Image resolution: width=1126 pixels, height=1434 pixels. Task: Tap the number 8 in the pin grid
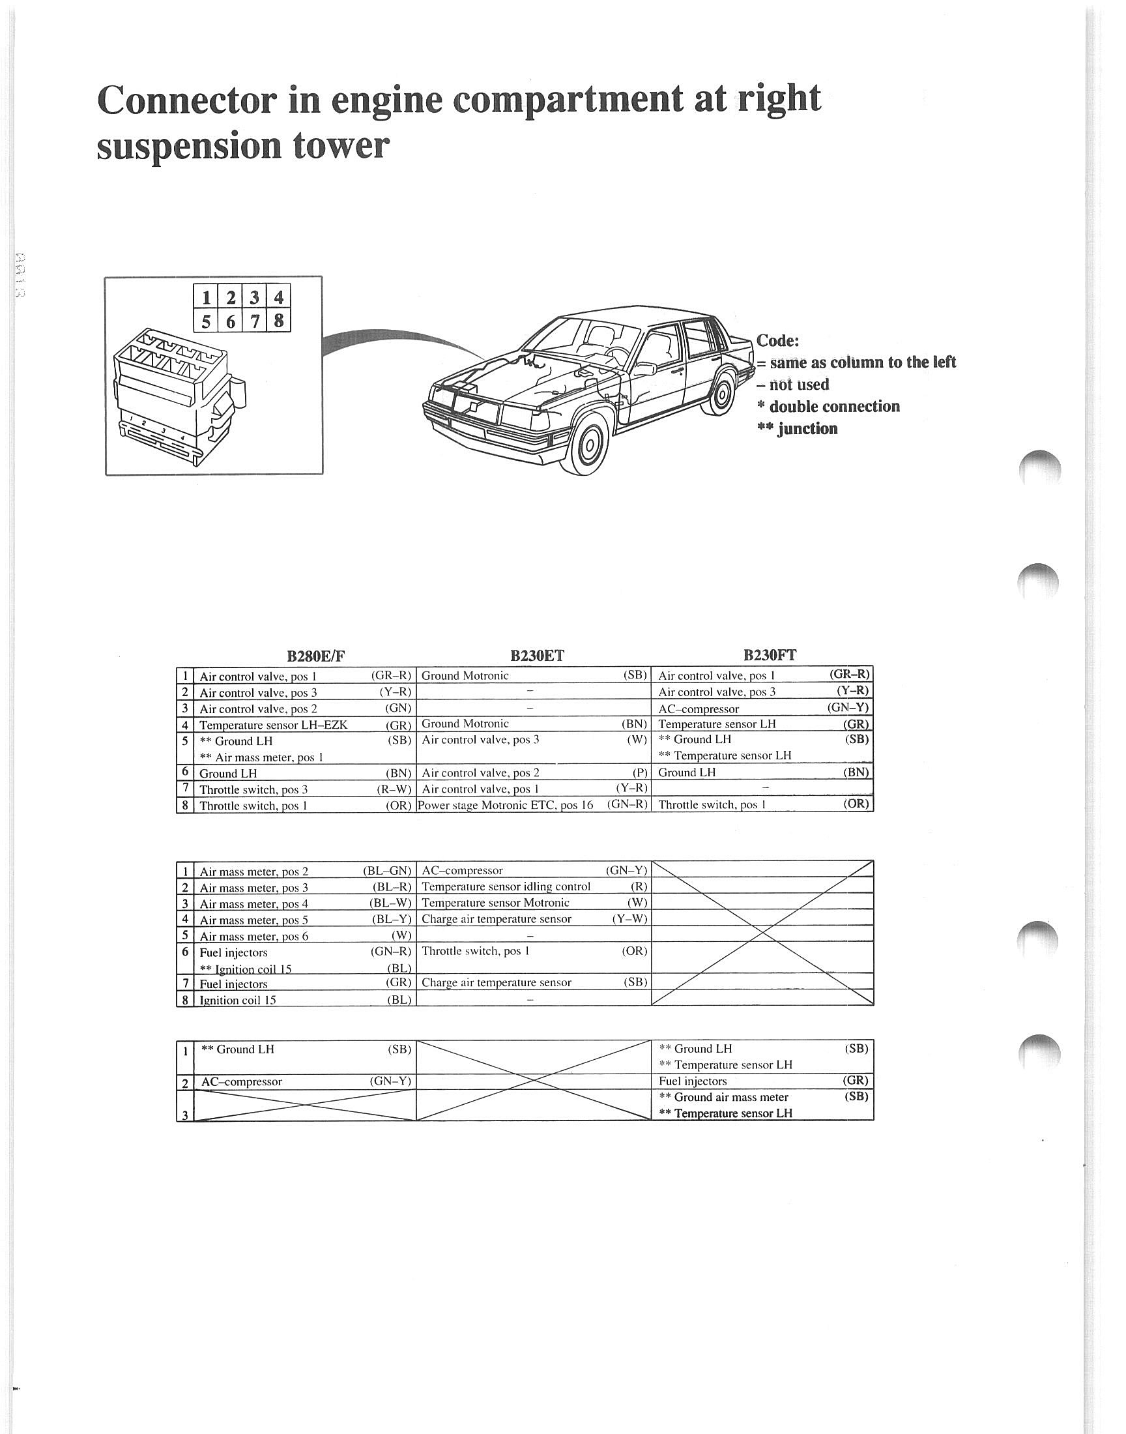click(279, 321)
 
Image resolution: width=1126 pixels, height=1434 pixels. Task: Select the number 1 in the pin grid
click(206, 297)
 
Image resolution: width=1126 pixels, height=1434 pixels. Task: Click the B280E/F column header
click(316, 656)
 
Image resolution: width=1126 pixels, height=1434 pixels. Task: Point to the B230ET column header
click(538, 655)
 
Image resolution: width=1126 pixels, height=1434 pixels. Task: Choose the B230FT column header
click(770, 654)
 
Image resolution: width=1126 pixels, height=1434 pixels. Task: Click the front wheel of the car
click(590, 443)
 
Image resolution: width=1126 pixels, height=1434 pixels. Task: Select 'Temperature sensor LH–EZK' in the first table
click(273, 725)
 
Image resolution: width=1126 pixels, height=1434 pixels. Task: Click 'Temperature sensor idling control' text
click(506, 886)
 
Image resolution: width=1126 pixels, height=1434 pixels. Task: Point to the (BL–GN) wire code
click(387, 871)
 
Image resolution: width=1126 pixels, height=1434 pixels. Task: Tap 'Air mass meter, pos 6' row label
click(254, 936)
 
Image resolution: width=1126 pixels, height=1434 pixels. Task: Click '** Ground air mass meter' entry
click(723, 1097)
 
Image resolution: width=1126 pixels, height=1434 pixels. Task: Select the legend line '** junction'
click(797, 429)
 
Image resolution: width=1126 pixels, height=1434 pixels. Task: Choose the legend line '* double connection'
click(828, 407)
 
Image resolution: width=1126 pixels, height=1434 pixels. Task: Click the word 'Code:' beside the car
click(777, 341)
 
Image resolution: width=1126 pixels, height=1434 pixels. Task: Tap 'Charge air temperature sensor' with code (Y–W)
click(497, 919)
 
